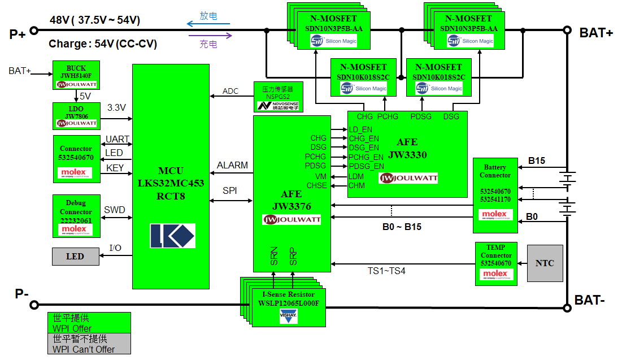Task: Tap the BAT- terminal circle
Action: pos(567,307)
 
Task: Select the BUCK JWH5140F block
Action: pos(76,75)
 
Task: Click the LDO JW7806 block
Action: pos(76,116)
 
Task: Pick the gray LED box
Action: pos(75,257)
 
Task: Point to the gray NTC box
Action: pos(545,263)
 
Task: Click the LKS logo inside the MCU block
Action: pos(172,236)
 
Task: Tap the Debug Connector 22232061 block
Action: pos(76,216)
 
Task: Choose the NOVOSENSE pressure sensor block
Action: pos(278,97)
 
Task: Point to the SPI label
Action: pos(229,190)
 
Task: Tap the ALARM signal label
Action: pos(232,165)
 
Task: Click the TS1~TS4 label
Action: pos(386,271)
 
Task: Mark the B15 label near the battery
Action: pos(536,161)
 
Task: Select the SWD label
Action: pos(114,210)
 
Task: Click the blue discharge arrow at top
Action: pos(208,24)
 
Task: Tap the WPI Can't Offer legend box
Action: pos(89,344)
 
